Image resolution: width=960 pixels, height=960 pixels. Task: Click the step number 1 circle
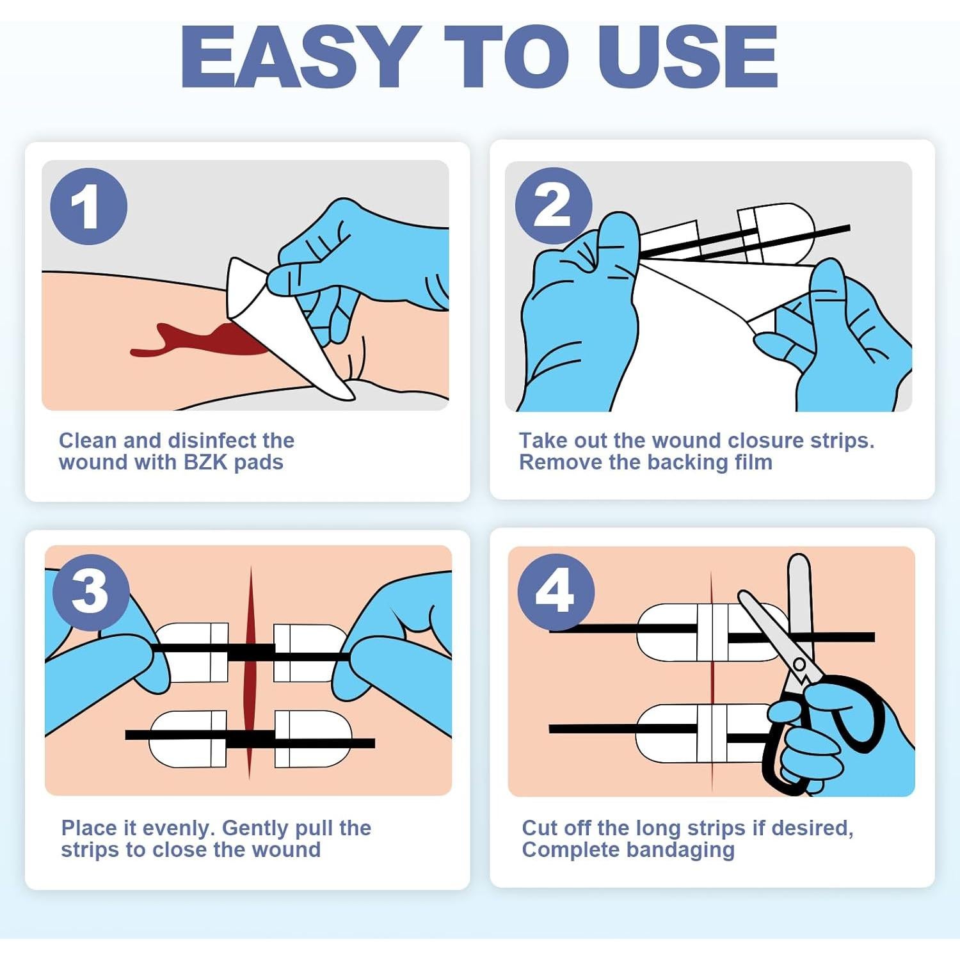[89, 206]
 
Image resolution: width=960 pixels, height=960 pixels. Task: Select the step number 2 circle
[554, 205]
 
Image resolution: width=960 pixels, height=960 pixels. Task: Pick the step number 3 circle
[91, 592]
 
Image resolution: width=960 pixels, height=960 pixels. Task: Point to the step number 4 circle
[556, 591]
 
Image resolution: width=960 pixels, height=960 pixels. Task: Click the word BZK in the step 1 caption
[205, 462]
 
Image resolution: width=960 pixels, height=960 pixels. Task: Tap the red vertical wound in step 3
[250, 672]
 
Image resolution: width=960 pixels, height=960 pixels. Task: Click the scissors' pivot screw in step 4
[799, 664]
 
